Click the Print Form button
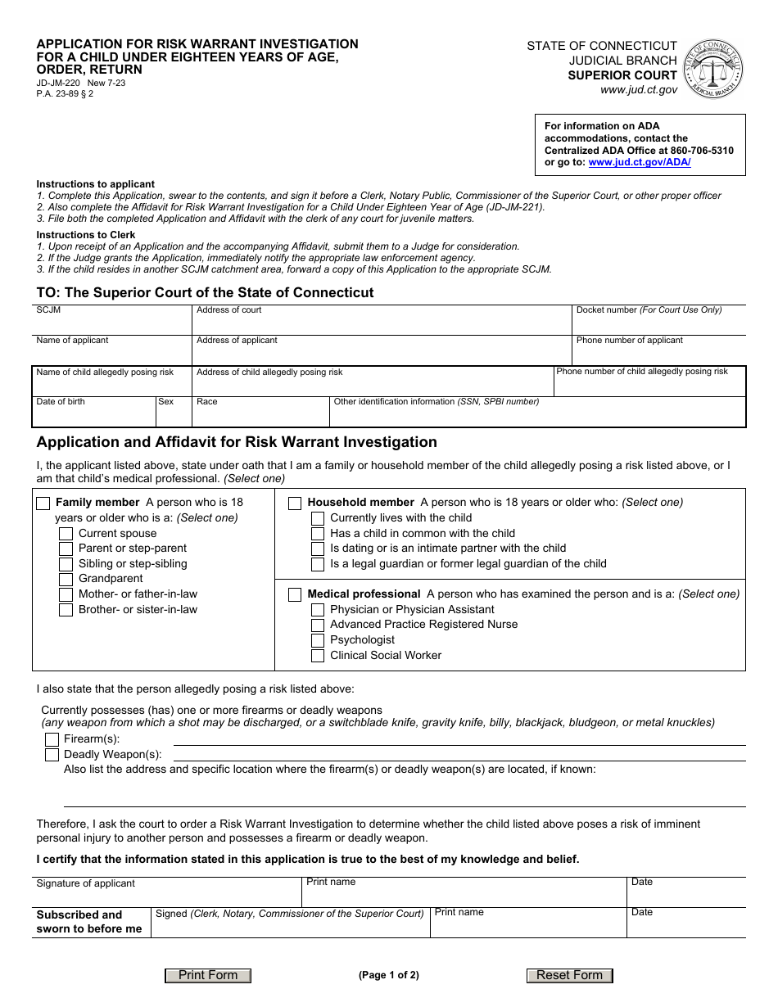tap(208, 975)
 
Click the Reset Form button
tap(569, 975)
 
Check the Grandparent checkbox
tap(66, 580)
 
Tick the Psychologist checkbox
tap(318, 640)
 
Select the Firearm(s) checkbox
tap(52, 739)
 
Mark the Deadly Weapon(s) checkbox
tap(52, 755)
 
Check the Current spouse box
tap(66, 534)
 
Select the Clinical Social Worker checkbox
tap(318, 656)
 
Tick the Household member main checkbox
tap(295, 503)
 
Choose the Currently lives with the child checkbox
tap(318, 518)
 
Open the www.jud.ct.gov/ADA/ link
tap(640, 162)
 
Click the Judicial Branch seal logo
tap(712, 69)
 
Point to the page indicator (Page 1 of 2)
tap(388, 975)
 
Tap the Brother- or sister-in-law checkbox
tap(66, 610)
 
